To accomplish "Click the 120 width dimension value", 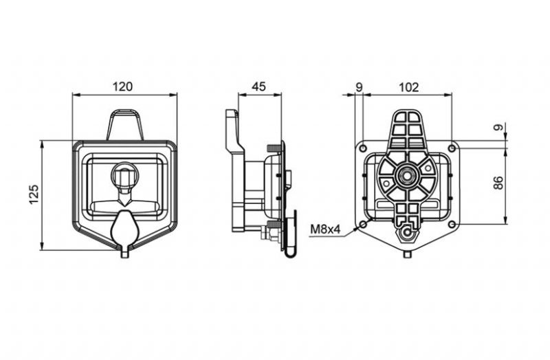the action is [x=123, y=87].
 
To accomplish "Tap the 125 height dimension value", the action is [x=34, y=194].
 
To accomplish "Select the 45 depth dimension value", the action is [x=259, y=87].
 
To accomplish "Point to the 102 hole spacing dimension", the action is [x=409, y=87].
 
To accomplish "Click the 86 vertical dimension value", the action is [x=498, y=183].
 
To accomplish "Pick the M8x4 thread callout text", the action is [x=325, y=229].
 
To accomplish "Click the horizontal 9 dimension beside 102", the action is [x=359, y=87].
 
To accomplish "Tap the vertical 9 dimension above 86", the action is [x=498, y=127].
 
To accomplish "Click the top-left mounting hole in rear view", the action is [x=364, y=148].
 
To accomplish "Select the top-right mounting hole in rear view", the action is [x=452, y=148].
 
